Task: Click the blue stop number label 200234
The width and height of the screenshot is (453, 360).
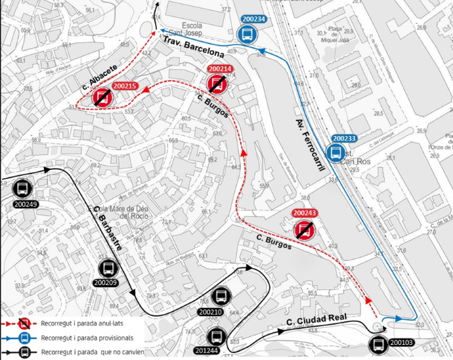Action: coord(253,20)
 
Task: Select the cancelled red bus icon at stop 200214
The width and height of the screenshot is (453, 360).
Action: coord(218,83)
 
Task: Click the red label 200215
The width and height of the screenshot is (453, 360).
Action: coord(125,86)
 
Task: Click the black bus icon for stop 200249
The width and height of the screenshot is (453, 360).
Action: coord(21,189)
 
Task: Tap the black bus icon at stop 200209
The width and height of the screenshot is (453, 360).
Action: coord(108,269)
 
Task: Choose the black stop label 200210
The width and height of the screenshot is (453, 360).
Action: coord(210,312)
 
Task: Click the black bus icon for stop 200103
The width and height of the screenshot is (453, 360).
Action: coord(378,342)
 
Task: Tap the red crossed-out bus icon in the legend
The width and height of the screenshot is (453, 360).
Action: coord(23,323)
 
